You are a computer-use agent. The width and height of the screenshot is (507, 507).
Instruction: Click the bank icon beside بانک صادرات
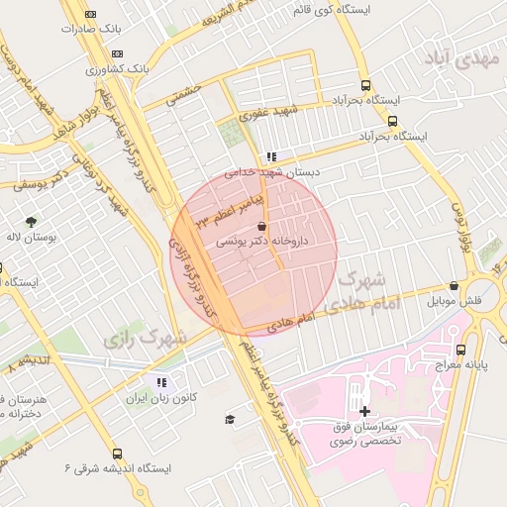[x=91, y=14]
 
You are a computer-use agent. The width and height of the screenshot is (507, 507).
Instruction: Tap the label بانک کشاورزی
[x=117, y=69]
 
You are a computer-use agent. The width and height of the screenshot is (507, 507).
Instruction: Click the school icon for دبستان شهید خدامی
[x=271, y=156]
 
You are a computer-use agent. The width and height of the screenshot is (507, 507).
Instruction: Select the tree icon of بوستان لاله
[x=30, y=222]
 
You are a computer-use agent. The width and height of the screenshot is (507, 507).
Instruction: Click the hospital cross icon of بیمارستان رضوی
[x=364, y=410]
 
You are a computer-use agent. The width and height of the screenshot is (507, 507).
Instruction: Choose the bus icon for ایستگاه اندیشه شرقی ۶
[x=118, y=453]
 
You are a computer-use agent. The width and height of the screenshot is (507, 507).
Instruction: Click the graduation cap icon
[x=230, y=419]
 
